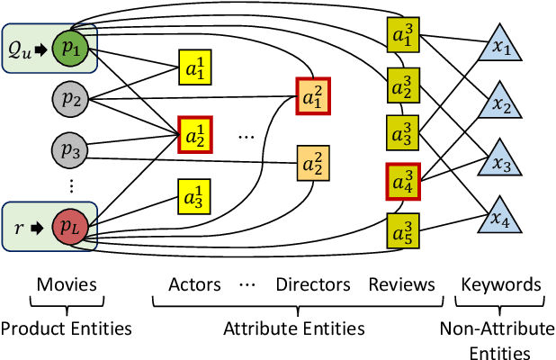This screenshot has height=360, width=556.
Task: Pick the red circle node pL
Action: pos(69,221)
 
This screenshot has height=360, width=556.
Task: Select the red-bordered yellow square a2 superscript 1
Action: pos(193,135)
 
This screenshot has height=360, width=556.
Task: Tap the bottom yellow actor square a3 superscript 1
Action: pos(193,195)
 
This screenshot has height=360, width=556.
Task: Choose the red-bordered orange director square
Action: pos(311,94)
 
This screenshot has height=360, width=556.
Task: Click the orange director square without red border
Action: pos(311,163)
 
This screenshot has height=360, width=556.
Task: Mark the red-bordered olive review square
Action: pos(401,180)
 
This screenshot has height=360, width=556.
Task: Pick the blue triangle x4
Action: pos(500,219)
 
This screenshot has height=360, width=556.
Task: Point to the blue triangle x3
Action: pos(500,164)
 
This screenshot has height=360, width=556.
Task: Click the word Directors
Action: pos(313,285)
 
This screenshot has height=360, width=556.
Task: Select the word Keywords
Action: pos(501,285)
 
